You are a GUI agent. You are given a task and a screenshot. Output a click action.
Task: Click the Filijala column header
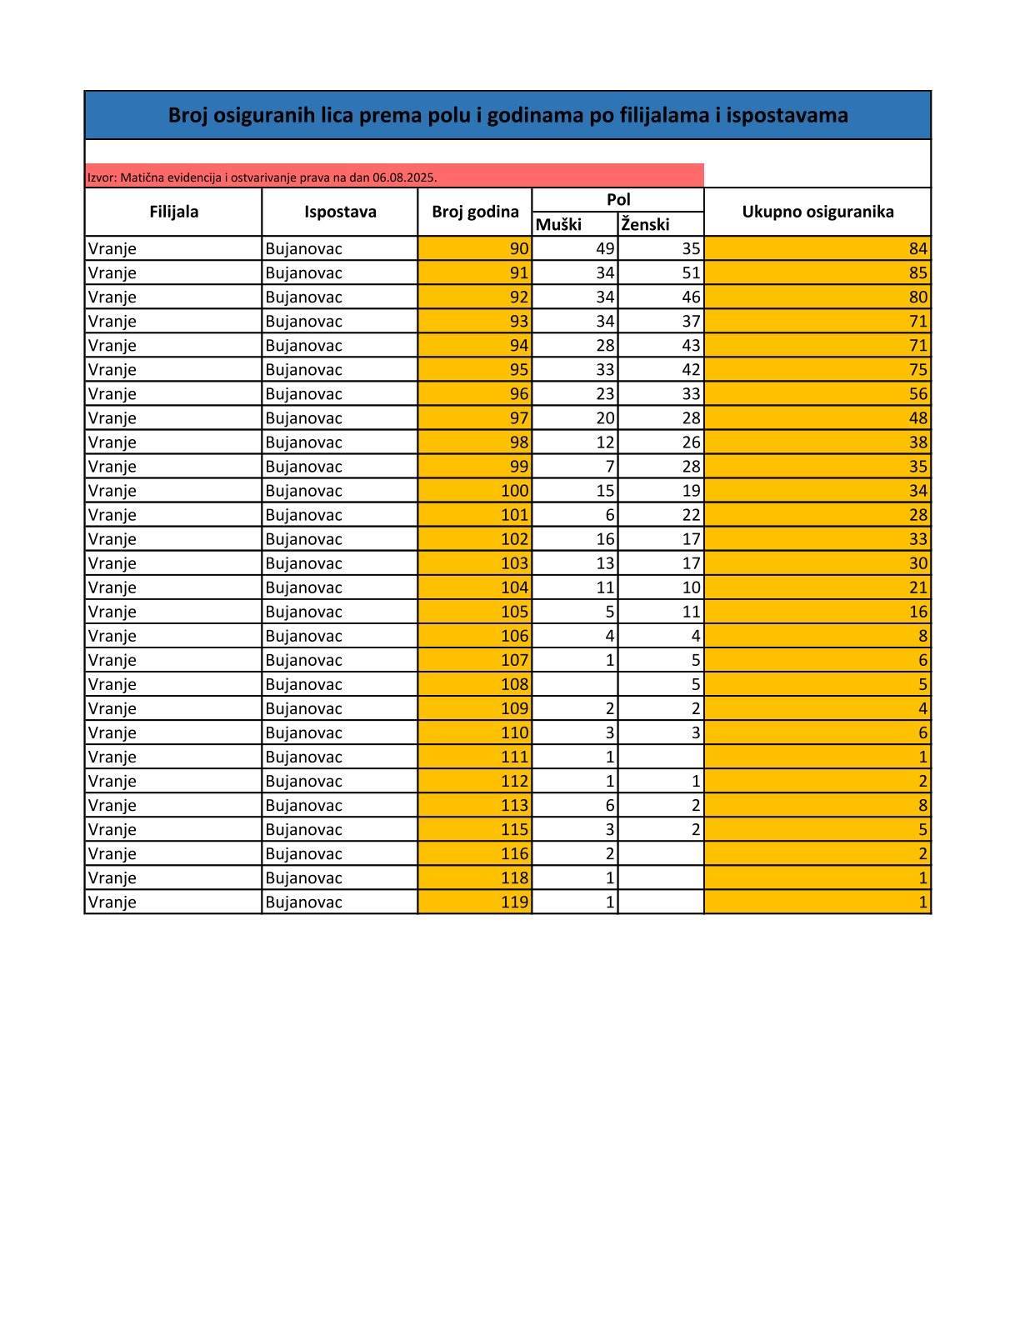tap(173, 212)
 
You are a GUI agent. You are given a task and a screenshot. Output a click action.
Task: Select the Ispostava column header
tap(340, 212)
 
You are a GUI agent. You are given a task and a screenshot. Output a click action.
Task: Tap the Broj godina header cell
tap(475, 212)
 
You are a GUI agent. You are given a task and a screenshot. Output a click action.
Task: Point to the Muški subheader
tap(558, 224)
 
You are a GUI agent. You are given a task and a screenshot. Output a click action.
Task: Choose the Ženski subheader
tap(645, 224)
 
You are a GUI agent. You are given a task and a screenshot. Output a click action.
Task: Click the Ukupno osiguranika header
tap(817, 212)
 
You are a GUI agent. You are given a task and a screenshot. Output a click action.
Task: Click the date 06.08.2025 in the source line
tap(404, 177)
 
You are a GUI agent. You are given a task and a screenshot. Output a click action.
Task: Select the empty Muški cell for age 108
tap(575, 684)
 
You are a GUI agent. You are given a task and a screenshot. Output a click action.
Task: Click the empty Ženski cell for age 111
tap(661, 757)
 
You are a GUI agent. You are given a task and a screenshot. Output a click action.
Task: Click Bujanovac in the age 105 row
tap(303, 612)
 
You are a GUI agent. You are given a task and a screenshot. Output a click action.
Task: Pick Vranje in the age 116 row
tap(112, 853)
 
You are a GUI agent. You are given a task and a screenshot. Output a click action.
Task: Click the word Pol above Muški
tap(618, 200)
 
